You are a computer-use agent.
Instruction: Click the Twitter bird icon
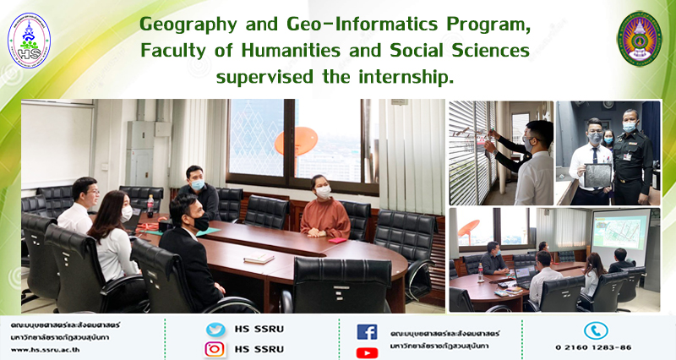215,330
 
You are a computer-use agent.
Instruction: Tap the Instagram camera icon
215,349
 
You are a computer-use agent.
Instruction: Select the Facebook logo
367,332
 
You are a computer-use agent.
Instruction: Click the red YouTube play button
367,352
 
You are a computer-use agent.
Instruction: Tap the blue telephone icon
596,330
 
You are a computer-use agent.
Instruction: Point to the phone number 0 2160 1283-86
593,347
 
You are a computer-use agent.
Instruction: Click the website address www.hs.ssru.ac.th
46,350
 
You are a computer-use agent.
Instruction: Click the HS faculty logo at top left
29,40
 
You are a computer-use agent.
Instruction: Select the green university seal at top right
639,39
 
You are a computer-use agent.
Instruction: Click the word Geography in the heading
188,25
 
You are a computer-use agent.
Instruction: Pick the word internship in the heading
406,77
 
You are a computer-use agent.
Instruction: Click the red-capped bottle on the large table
150,206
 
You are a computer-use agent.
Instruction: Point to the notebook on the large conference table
259,259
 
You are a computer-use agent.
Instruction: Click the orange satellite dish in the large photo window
297,141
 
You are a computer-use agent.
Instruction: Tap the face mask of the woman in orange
324,193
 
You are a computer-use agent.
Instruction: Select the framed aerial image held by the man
597,176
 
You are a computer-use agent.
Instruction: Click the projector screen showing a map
621,237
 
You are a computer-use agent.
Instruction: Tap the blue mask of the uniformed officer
629,127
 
